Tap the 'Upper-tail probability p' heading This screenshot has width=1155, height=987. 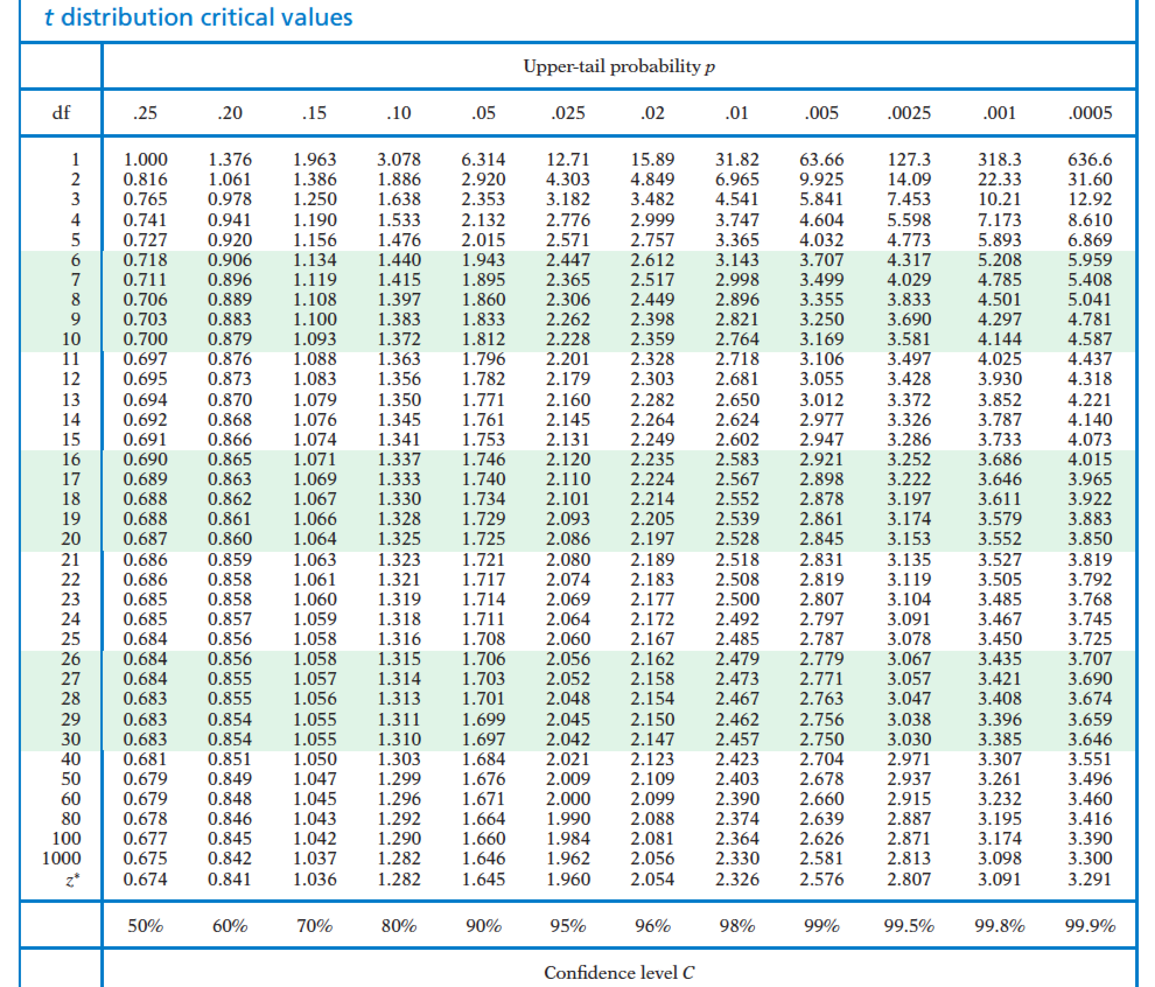619,66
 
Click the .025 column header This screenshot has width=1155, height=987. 568,113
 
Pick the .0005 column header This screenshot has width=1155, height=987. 1090,113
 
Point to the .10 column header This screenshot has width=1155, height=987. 399,113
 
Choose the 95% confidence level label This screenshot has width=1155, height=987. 568,926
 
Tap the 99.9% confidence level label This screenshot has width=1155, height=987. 1090,926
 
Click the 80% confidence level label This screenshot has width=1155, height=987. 399,926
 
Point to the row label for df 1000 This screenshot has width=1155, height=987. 61,858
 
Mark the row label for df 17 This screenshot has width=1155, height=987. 71,479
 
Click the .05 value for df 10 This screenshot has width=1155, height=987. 483,339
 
